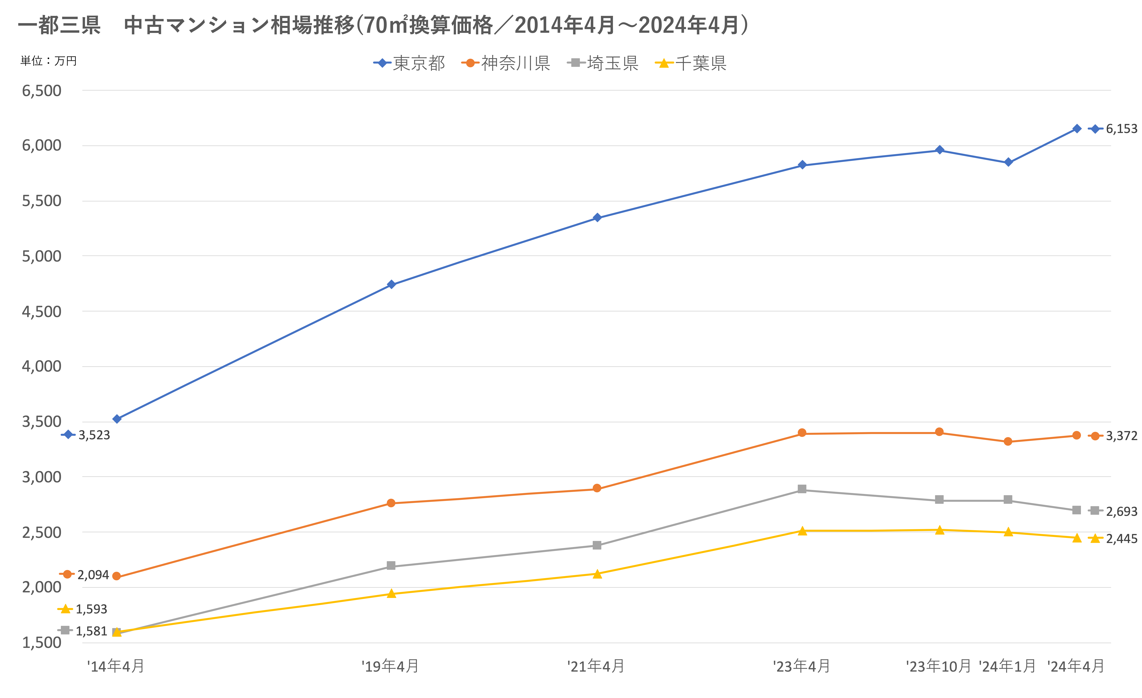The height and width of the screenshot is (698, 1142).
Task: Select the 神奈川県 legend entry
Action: (x=506, y=63)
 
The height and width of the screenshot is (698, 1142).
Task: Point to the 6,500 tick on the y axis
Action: (x=42, y=91)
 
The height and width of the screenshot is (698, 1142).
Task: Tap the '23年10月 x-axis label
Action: (x=939, y=666)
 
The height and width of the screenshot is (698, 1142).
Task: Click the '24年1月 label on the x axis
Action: (x=1007, y=666)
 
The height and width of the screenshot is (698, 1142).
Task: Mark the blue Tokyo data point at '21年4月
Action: (x=597, y=217)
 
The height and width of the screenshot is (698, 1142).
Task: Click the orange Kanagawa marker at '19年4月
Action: (x=391, y=503)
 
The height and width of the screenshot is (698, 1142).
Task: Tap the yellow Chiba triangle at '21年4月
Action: (x=597, y=574)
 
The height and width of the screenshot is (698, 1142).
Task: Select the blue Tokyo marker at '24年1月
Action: (x=1008, y=162)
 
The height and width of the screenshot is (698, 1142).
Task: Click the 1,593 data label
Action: (x=91, y=609)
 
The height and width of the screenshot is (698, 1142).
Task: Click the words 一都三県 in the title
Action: (x=59, y=25)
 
